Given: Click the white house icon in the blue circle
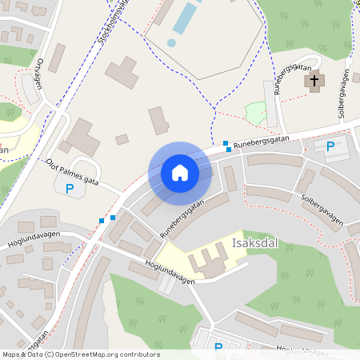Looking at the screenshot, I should pyautogui.click(x=180, y=173).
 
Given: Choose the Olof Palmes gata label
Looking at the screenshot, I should pyautogui.click(x=72, y=171).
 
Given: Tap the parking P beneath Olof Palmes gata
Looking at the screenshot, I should pyautogui.click(x=70, y=190).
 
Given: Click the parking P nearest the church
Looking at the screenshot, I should pyautogui.click(x=330, y=146).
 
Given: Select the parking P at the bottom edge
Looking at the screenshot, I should pyautogui.click(x=218, y=348).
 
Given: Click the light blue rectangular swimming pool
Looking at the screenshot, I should pyautogui.click(x=184, y=18).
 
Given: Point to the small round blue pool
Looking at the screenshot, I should pyautogui.click(x=171, y=42).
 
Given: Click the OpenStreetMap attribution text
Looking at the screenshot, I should pyautogui.click(x=80, y=354).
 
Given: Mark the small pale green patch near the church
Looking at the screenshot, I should pyautogui.click(x=255, y=114).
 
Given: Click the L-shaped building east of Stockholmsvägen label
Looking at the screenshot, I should pyautogui.click(x=121, y=73).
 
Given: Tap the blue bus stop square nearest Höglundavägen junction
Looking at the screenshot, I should pyautogui.click(x=102, y=221).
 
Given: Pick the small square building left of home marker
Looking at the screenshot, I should pyautogui.click(x=122, y=139).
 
